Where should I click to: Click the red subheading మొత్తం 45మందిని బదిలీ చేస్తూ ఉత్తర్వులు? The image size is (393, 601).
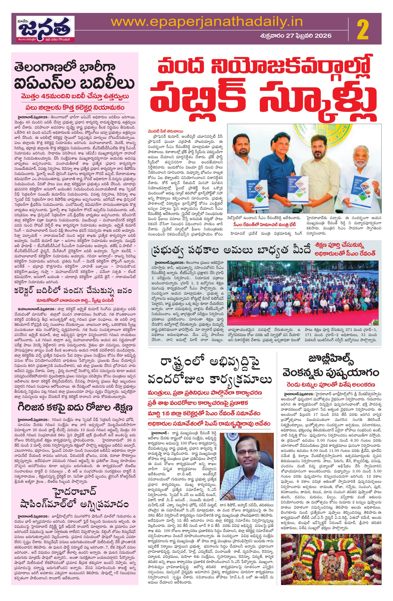tap(75, 97)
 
